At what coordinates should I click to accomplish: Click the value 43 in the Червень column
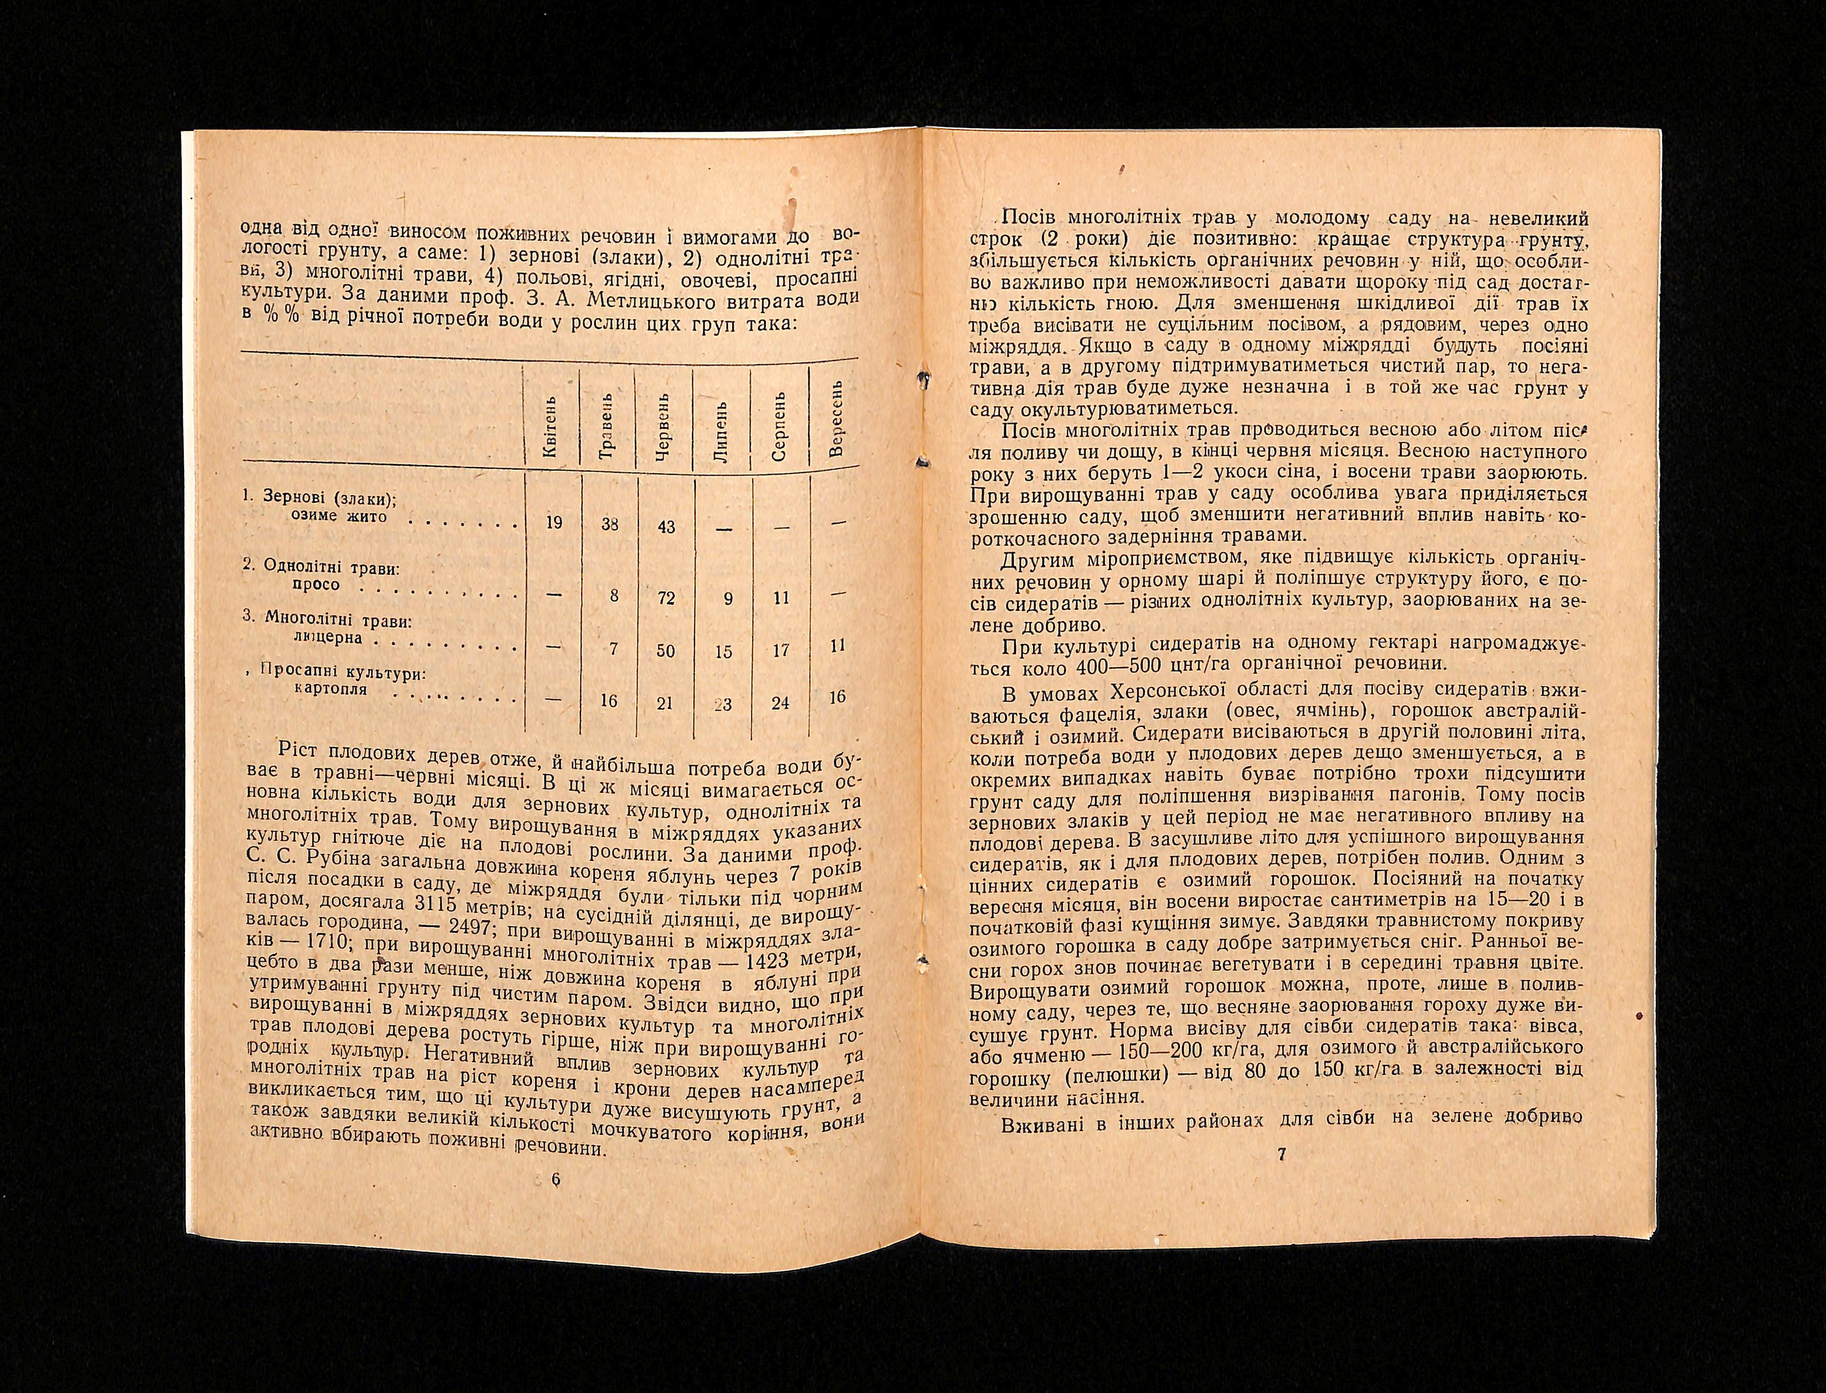pos(665,527)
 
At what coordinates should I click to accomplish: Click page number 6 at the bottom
pos(556,1181)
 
